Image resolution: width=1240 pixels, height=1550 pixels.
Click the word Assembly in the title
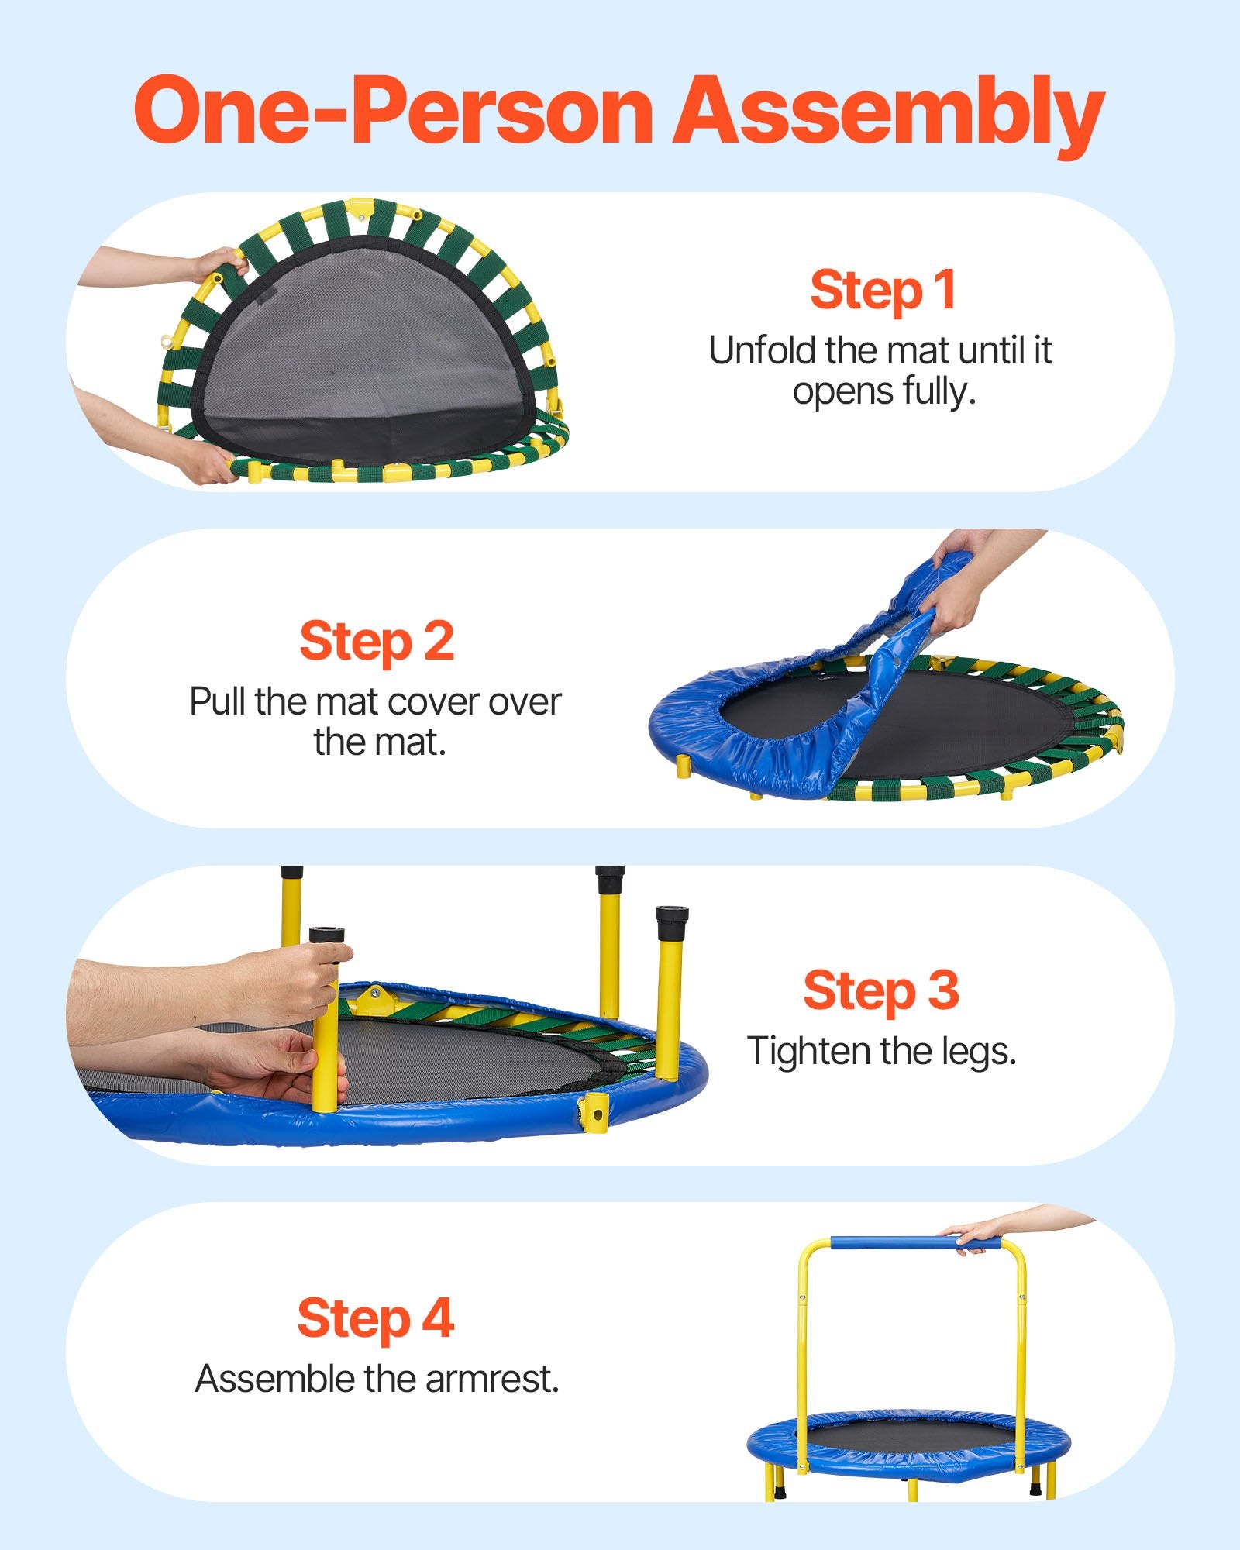pos(887,112)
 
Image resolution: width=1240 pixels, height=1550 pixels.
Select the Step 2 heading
pos(377,641)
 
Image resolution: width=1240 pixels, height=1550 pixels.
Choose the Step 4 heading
pos(376,1318)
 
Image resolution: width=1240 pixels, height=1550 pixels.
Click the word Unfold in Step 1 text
pos(763,351)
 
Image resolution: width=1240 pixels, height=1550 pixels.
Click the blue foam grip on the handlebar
pos(914,1245)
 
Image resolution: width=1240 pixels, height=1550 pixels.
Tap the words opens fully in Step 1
pos(883,391)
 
